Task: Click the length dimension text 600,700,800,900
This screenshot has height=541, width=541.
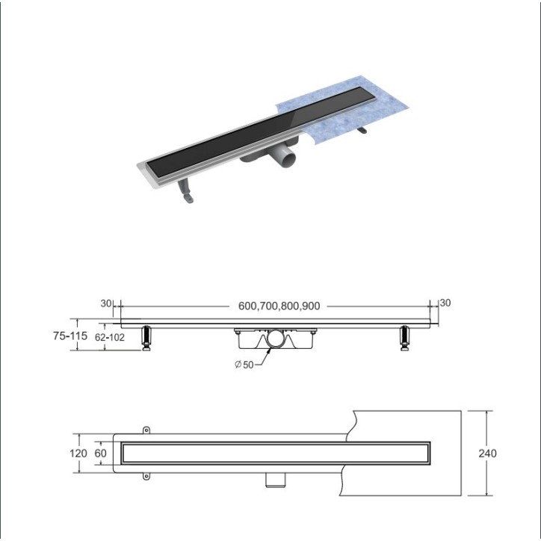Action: (x=279, y=306)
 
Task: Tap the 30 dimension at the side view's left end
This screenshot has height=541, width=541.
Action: (x=105, y=303)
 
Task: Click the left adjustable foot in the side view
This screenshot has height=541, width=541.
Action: (x=146, y=337)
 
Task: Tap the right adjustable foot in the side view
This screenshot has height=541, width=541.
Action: (x=406, y=337)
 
